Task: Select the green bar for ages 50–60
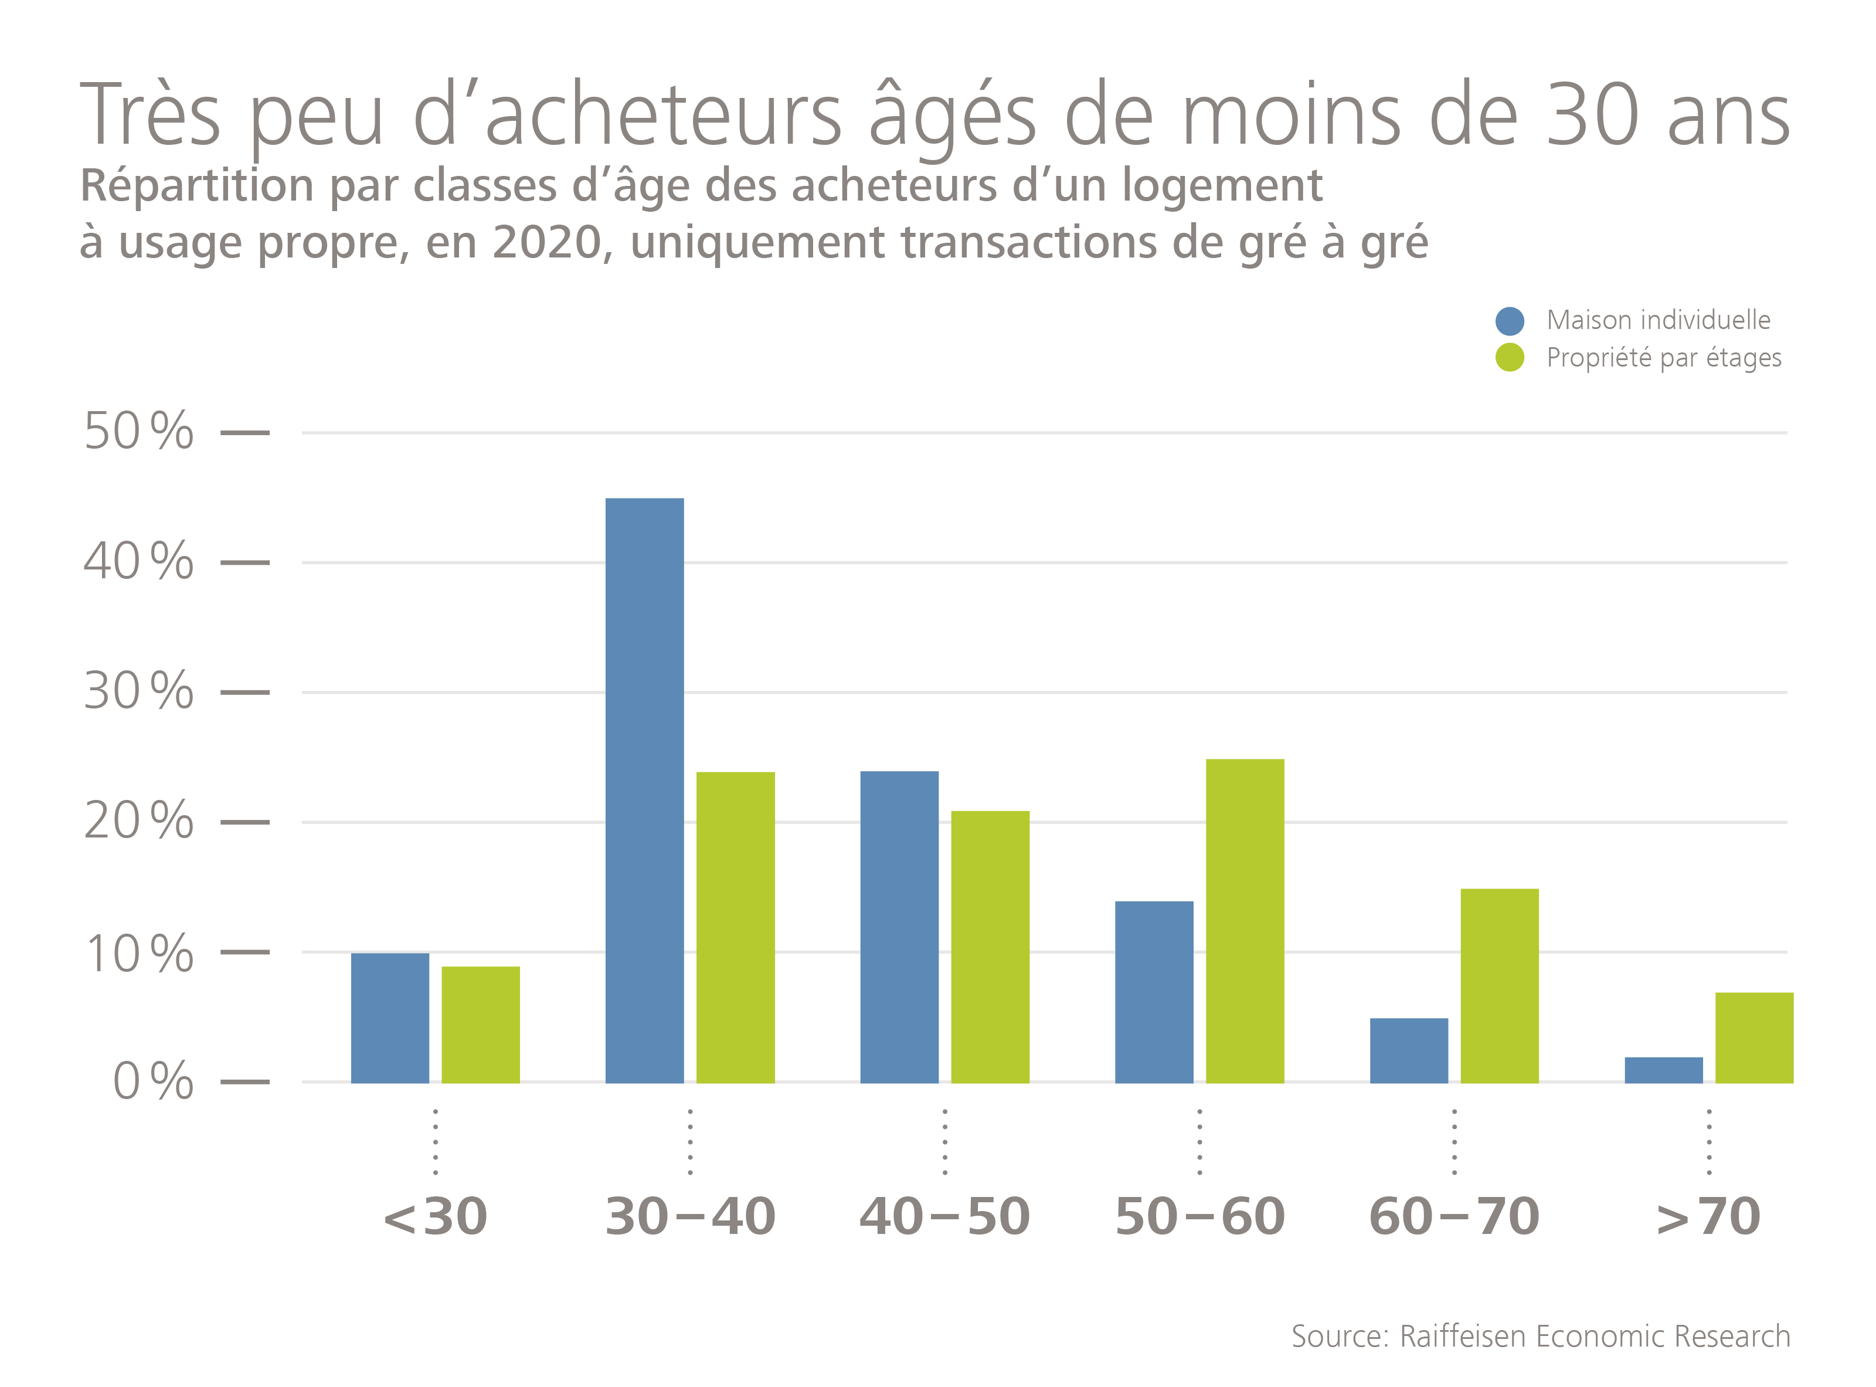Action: point(1245,920)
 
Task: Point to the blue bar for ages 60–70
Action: point(1409,1050)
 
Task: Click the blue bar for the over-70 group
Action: point(1663,1070)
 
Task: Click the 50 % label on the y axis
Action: point(138,432)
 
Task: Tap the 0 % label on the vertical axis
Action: point(153,1081)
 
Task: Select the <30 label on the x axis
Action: point(435,1216)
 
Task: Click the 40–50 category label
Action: point(944,1216)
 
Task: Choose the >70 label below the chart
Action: point(1708,1216)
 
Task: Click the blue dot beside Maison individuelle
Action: point(1509,321)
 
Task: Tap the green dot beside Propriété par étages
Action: point(1509,358)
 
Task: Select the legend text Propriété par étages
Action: point(1664,358)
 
